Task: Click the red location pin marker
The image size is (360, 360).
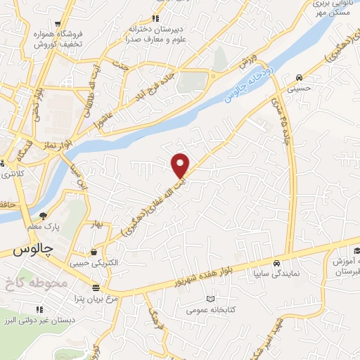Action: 181,165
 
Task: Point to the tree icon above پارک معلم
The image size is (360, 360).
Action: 43,216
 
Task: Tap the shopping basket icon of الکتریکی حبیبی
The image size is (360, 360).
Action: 94,252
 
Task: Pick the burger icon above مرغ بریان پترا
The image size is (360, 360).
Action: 96,288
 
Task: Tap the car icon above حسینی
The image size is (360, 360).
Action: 300,78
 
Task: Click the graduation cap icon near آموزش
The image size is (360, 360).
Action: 357,251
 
